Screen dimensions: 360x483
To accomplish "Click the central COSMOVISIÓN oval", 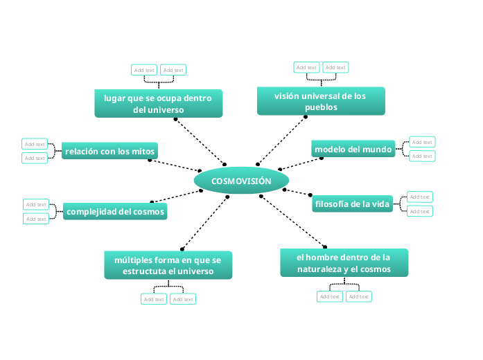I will pyautogui.click(x=241, y=181).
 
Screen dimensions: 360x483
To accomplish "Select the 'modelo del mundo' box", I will pyautogui.click(x=353, y=150).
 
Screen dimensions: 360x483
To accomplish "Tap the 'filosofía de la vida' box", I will pyautogui.click(x=353, y=204).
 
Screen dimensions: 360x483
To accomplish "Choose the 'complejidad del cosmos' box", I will pyautogui.click(x=115, y=212).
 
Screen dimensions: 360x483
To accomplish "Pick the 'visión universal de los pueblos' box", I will pyautogui.click(x=320, y=101).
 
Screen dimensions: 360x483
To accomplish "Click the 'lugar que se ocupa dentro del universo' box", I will pyautogui.click(x=158, y=104).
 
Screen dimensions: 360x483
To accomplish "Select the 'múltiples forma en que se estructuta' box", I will pyautogui.click(x=168, y=265).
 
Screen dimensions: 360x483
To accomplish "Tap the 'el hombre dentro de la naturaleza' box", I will pyautogui.click(x=344, y=263).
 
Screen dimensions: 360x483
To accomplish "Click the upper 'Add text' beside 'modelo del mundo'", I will pyautogui.click(x=421, y=142).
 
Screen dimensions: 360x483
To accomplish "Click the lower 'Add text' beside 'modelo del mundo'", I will pyautogui.click(x=421, y=156).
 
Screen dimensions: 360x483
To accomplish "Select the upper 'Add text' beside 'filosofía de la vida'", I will pyautogui.click(x=419, y=197).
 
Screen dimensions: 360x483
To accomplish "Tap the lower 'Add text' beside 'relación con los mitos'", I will pyautogui.click(x=35, y=159).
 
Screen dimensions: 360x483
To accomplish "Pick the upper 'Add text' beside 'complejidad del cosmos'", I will pyautogui.click(x=36, y=204).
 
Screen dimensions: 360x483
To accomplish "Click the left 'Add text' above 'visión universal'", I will pyautogui.click(x=306, y=67).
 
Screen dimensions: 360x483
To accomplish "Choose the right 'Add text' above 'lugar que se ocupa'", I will pyautogui.click(x=173, y=70).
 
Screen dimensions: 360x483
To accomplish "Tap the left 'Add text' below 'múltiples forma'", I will pyautogui.click(x=153, y=299).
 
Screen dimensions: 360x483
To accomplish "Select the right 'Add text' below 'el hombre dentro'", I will pyautogui.click(x=358, y=296).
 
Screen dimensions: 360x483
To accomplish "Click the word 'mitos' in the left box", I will pyautogui.click(x=144, y=151).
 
